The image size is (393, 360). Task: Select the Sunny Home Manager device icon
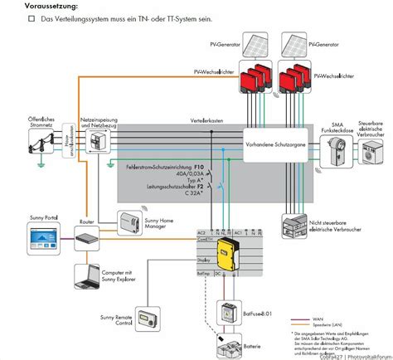[x=131, y=199]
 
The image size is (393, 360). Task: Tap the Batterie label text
[x=253, y=345]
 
